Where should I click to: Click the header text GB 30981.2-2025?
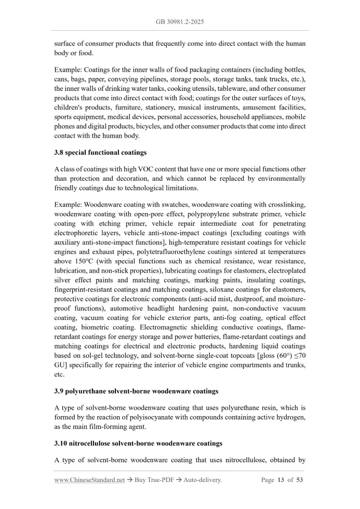coord(180,22)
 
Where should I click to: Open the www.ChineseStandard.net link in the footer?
coord(89,480)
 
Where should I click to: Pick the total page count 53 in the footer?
coord(299,480)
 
